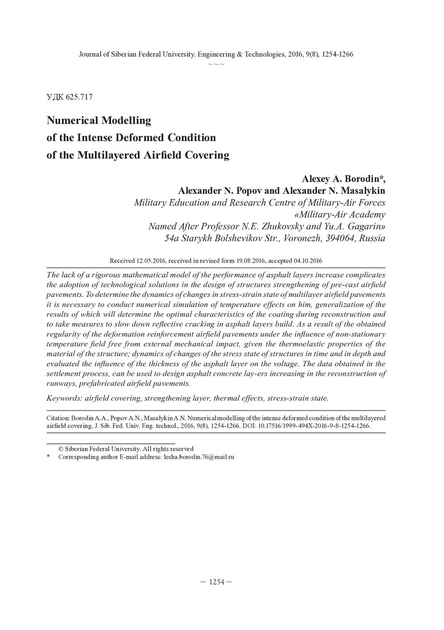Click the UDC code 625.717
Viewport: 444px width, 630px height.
point(79,97)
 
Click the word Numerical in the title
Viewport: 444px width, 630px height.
point(74,121)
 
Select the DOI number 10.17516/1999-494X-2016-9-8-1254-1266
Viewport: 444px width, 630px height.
point(310,426)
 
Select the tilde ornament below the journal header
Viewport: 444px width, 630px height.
point(216,64)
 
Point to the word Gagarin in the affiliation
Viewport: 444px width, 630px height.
point(365,226)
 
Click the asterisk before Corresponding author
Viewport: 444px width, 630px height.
point(48,458)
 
